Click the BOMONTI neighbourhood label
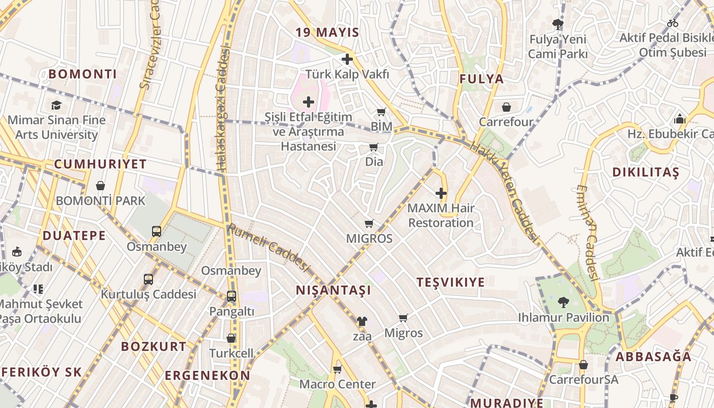coord(83,74)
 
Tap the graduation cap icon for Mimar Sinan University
coord(56,105)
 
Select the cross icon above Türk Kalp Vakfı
coord(347,59)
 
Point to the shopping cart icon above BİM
coord(381,112)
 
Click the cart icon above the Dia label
coord(373,147)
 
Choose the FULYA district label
coord(481,79)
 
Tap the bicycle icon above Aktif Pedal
coord(673,23)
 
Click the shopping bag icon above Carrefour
coord(506,107)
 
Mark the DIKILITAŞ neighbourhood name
coord(646,172)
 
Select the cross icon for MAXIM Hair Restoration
coord(441,193)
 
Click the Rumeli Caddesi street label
coord(269,247)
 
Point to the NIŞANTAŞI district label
coord(334,290)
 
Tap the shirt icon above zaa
coord(362,321)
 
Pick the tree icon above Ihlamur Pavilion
coord(563,302)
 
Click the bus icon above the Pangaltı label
coord(231,296)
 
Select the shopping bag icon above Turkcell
coord(231,338)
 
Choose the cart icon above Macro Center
coord(337,369)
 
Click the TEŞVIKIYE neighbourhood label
coord(450,282)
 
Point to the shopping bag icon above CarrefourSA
coord(583,365)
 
